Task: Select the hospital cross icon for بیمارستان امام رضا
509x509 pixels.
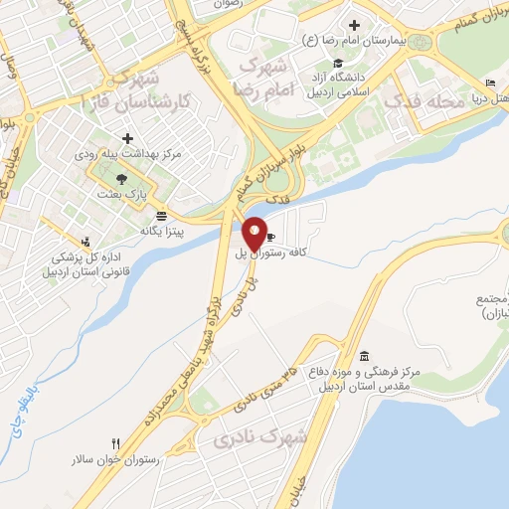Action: coord(354,25)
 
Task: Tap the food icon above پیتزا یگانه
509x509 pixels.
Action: coord(161,215)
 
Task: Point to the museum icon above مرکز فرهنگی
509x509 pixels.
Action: coord(364,356)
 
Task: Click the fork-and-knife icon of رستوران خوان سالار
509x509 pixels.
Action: coord(117,443)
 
